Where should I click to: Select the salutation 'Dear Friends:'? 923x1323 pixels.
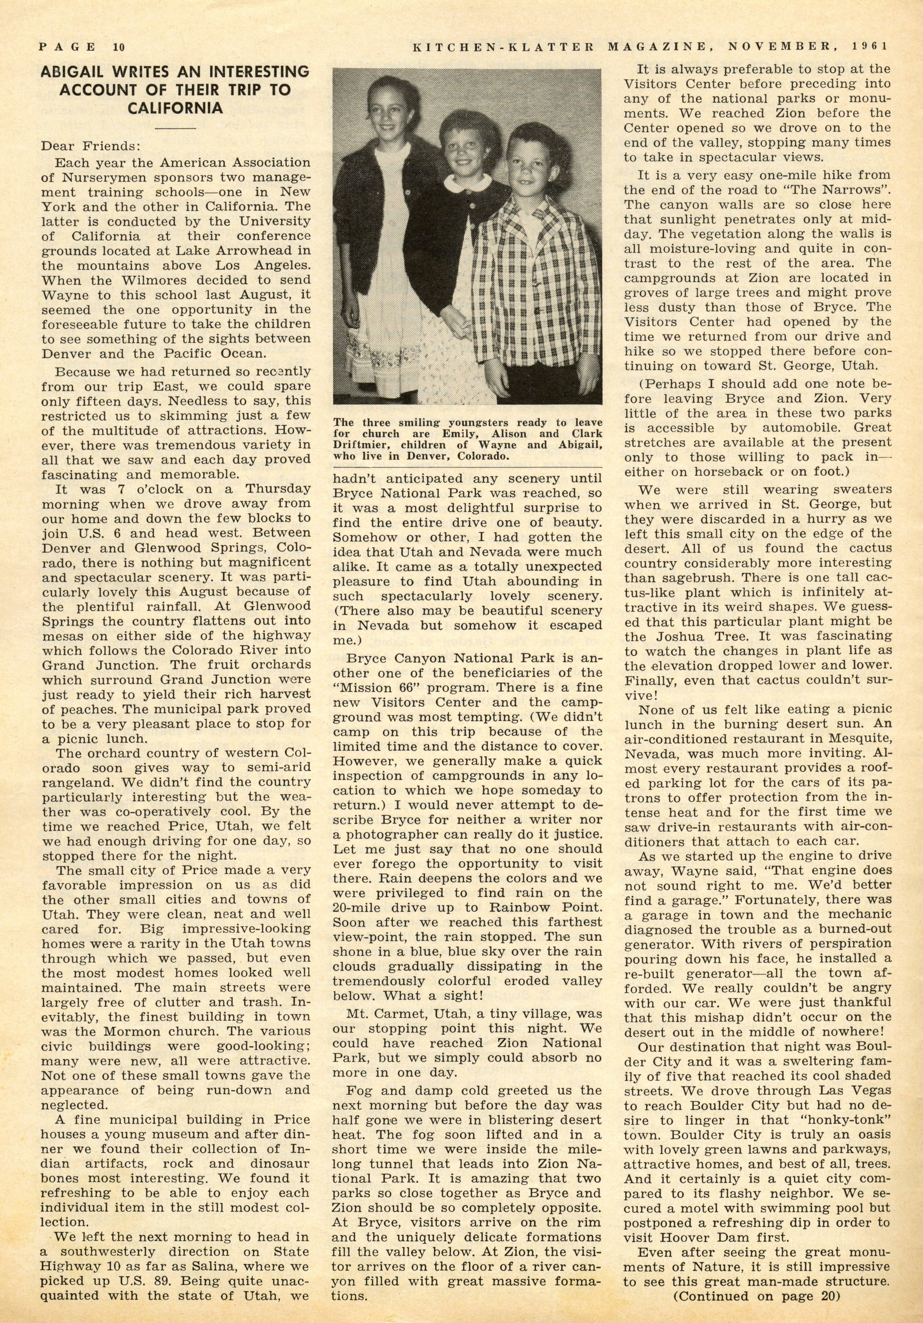click(x=90, y=146)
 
